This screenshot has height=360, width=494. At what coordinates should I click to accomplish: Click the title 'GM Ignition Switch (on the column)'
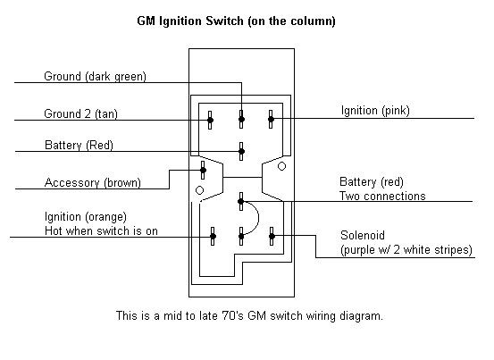236,21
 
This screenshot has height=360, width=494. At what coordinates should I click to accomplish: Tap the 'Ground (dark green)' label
96,77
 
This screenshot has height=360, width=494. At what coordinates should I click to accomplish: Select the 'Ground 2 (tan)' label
80,113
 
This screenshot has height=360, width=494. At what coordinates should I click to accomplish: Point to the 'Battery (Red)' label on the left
79,146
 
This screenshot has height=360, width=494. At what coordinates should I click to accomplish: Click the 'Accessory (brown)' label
93,182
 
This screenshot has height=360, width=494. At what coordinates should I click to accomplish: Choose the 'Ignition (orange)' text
86,217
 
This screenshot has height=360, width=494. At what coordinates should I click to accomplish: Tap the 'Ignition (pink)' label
375,111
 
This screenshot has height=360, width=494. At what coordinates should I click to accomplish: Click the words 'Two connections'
382,196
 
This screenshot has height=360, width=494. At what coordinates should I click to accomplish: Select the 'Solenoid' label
363,235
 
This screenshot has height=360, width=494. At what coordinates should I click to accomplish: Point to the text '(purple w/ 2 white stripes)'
406,250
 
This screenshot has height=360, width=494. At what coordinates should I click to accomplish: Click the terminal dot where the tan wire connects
210,120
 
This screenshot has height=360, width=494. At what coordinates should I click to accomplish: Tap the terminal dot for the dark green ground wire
241,119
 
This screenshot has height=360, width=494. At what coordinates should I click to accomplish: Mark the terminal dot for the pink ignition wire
271,119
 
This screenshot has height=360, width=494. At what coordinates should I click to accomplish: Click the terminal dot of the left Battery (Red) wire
241,152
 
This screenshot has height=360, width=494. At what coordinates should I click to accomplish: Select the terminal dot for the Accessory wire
203,171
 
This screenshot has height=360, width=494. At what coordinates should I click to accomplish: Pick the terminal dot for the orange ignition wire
213,236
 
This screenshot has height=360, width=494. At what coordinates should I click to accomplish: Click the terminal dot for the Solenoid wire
272,236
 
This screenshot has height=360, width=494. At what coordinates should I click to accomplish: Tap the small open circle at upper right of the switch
281,166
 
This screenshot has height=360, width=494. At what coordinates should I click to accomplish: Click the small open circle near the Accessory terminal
199,190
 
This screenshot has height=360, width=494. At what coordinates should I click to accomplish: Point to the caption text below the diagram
249,315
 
